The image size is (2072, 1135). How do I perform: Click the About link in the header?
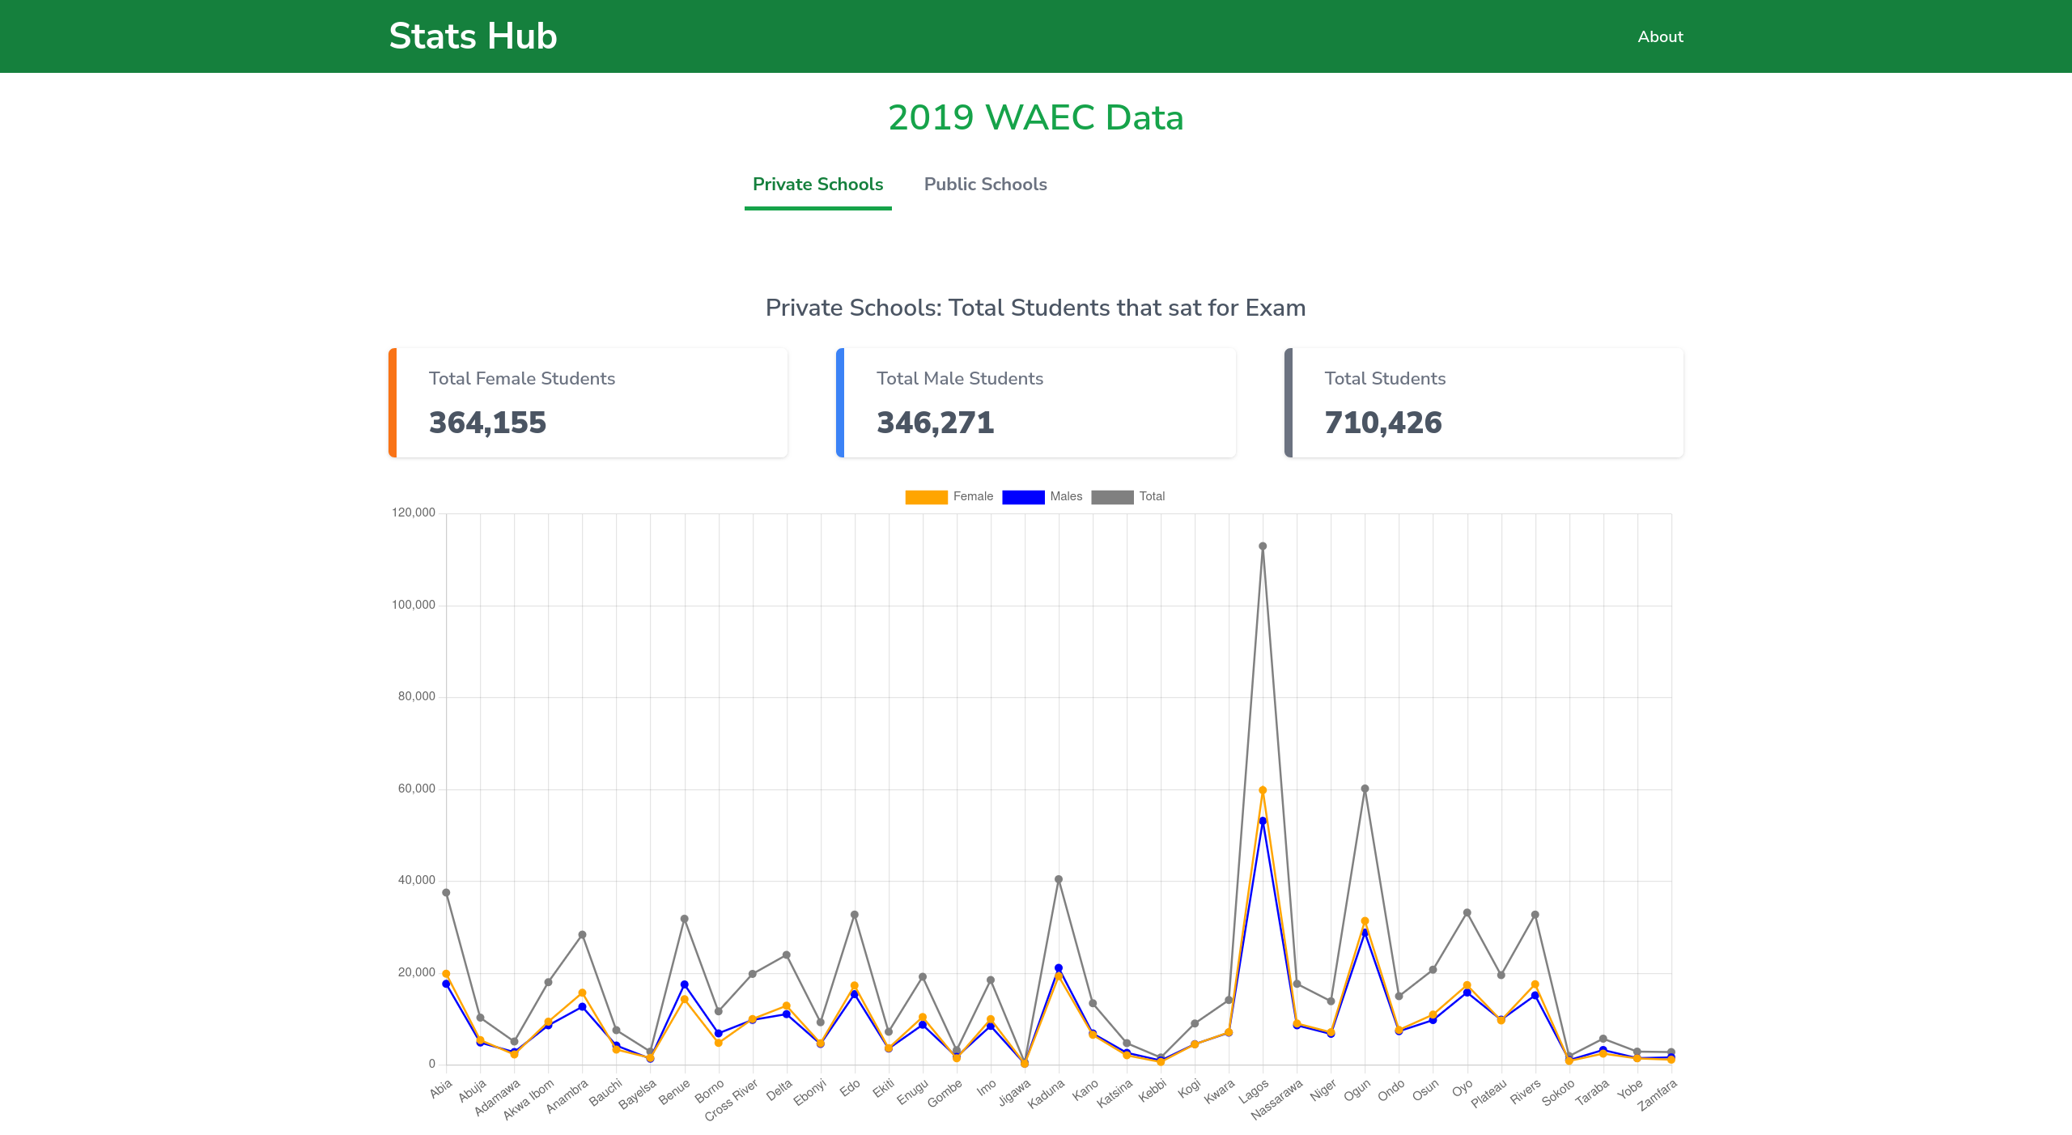click(x=1660, y=36)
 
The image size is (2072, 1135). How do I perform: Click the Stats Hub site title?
click(x=473, y=36)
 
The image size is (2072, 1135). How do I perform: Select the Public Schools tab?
click(x=985, y=185)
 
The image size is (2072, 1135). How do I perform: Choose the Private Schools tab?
click(x=817, y=185)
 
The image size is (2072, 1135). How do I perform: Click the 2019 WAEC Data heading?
click(x=1035, y=117)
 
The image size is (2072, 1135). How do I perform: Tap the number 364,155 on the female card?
click(x=487, y=423)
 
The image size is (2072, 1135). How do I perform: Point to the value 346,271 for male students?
click(x=935, y=423)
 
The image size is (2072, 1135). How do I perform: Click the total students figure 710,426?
click(x=1382, y=423)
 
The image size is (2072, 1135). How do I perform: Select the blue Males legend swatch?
click(x=1023, y=497)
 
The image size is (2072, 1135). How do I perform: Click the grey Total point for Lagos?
click(x=1263, y=546)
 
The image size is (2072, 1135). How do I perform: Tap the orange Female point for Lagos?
click(x=1263, y=790)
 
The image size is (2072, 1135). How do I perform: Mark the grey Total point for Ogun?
click(x=1365, y=789)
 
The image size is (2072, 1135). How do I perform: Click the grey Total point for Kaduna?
click(x=1059, y=879)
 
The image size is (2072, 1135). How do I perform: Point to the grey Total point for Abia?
click(x=446, y=893)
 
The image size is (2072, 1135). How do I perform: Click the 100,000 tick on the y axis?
click(x=414, y=605)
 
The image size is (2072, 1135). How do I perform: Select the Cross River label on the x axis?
click(x=731, y=1100)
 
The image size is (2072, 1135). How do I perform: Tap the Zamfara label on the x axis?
click(x=1657, y=1096)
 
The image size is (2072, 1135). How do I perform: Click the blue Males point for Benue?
click(x=684, y=985)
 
